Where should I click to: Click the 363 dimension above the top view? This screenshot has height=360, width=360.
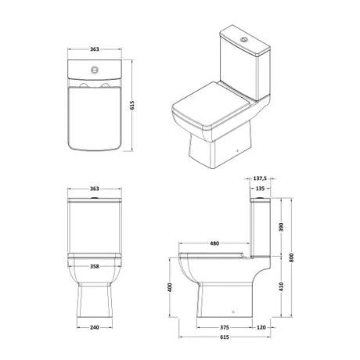coord(95,49)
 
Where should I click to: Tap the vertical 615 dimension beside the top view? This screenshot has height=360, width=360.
coord(132,105)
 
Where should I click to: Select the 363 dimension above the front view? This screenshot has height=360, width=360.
coord(95,189)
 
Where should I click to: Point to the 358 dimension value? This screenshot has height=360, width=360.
coord(95,266)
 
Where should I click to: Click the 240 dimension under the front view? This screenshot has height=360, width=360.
coord(95,327)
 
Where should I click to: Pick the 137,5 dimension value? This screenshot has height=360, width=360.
coord(260,178)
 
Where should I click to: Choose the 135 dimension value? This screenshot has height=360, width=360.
coord(260,189)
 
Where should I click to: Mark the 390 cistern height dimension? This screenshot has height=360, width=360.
coord(281,227)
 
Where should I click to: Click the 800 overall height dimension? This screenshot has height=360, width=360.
coord(291,257)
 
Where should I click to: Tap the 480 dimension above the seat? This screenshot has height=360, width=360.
coord(214,243)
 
